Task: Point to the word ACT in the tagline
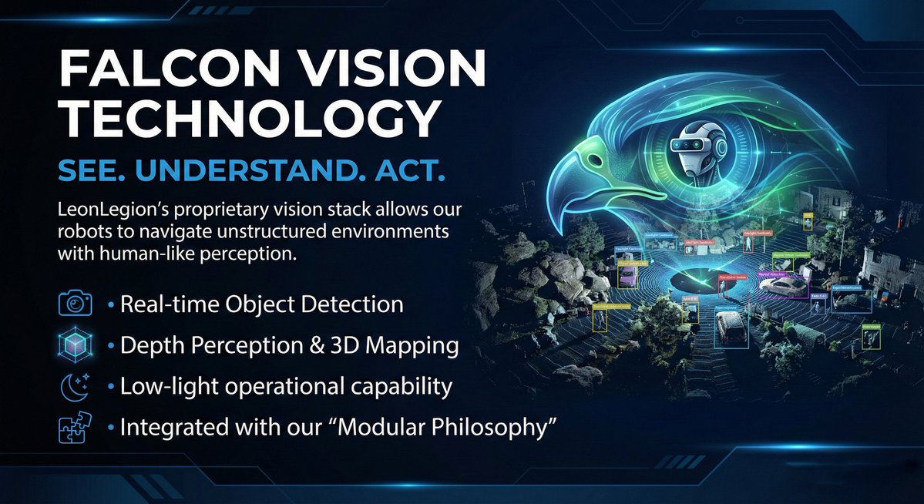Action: pyautogui.click(x=412, y=172)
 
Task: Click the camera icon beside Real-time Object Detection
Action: pyautogui.click(x=76, y=304)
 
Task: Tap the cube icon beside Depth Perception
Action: pyautogui.click(x=76, y=345)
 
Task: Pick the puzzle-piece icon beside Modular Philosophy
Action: pyautogui.click(x=76, y=428)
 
